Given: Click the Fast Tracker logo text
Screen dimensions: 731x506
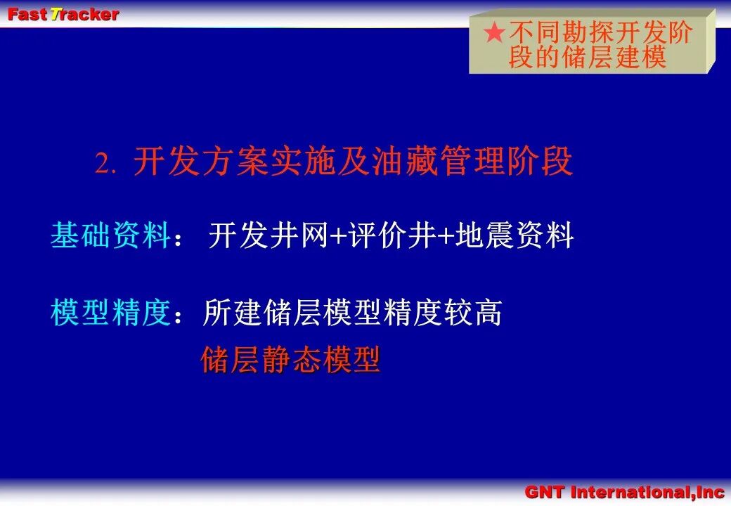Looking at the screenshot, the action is coord(63,15).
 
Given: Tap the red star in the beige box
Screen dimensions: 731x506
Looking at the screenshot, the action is coord(494,32).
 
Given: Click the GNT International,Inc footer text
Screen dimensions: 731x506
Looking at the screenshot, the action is coord(624,492).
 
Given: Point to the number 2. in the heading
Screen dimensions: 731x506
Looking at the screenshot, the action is coord(105,164).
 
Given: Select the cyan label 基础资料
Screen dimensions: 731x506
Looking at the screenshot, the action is coord(110,235).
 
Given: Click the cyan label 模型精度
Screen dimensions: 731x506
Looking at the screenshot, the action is coord(110,312).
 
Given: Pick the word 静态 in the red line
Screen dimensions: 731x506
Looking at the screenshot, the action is coord(291,360).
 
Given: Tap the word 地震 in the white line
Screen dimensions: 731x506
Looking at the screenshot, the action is coord(484,235).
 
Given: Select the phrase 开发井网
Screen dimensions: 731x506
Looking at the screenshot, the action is coord(268,235).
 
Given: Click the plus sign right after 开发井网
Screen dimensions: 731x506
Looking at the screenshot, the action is coord(337,236).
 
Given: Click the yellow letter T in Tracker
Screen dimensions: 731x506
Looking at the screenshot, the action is coord(56,15).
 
